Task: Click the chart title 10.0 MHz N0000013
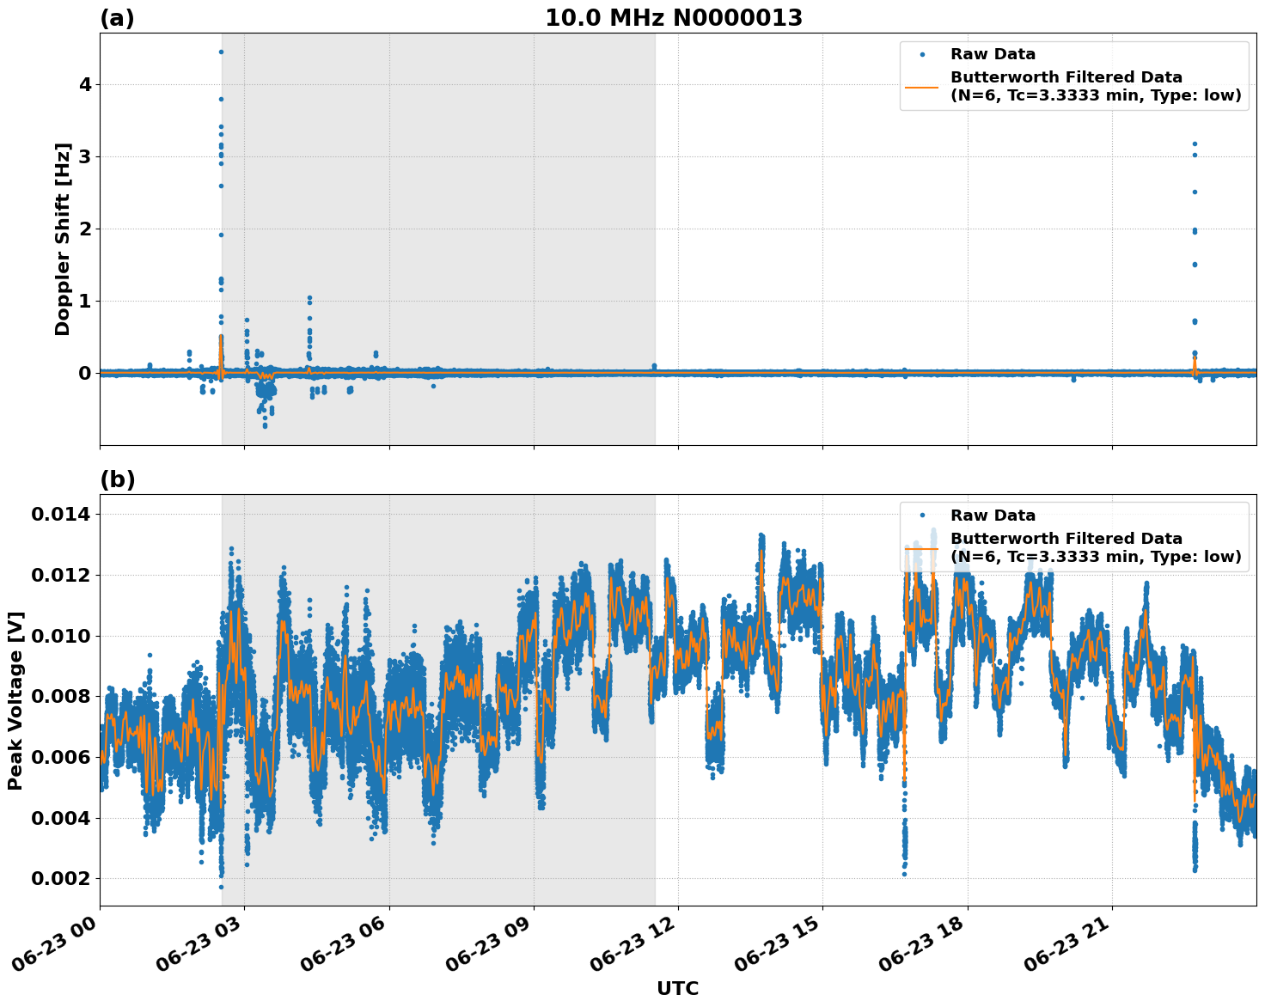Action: point(674,18)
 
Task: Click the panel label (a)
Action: point(117,18)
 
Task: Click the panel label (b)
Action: point(117,479)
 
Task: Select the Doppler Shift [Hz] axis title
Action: point(62,239)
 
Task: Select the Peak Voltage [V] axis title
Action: point(15,700)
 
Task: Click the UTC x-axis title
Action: point(677,988)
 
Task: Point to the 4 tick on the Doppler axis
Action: point(85,84)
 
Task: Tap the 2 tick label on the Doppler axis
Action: point(85,229)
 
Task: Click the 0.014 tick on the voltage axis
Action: point(60,515)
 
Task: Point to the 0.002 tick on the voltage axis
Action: point(60,878)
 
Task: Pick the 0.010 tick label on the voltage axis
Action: point(60,636)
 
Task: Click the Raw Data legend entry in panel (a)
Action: point(993,54)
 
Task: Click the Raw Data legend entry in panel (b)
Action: point(993,516)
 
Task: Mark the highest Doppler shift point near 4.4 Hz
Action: point(221,52)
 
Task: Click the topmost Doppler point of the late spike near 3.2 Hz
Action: point(1195,143)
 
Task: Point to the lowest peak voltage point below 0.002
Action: point(221,887)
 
